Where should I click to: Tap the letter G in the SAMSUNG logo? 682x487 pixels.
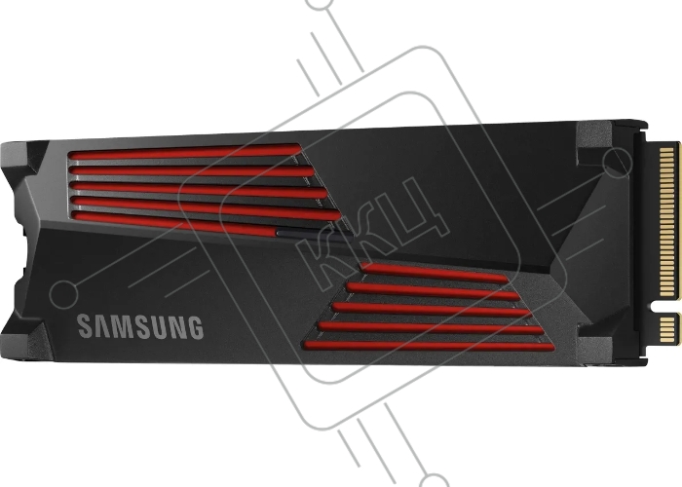pos(195,327)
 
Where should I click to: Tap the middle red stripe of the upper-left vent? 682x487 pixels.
pos(198,189)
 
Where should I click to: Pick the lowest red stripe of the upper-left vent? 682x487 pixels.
pos(174,223)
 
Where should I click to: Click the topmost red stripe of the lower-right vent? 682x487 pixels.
pos(434,273)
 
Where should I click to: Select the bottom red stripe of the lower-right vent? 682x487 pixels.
pos(429,346)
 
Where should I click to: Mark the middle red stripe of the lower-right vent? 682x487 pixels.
pos(432,309)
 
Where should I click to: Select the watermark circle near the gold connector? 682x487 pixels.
pos(617,163)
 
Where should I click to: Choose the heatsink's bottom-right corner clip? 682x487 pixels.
pos(596,337)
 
